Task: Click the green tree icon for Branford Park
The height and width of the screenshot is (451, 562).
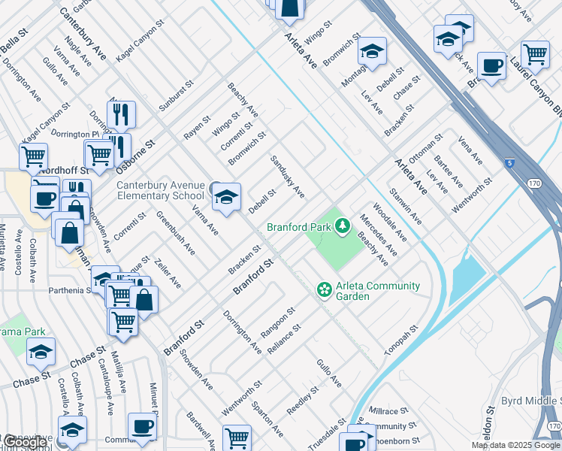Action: pyautogui.click(x=343, y=225)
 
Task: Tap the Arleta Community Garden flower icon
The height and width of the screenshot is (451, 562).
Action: pyautogui.click(x=324, y=289)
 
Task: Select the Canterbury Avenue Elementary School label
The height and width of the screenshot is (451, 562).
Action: pyautogui.click(x=160, y=191)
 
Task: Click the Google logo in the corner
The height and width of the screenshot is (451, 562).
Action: pyautogui.click(x=25, y=442)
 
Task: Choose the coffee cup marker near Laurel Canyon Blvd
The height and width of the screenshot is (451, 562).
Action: pyautogui.click(x=492, y=66)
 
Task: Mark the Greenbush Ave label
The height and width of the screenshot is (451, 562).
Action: pyautogui.click(x=174, y=233)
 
